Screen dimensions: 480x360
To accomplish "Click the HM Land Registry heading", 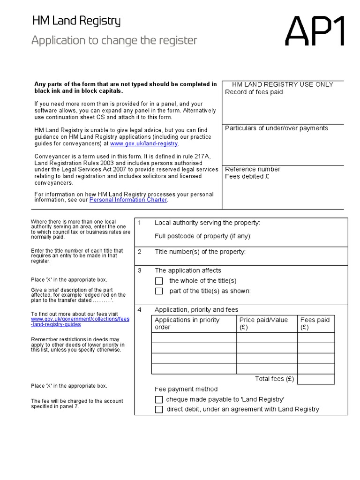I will click(x=76, y=21).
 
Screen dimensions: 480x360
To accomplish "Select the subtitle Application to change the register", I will click(x=114, y=41).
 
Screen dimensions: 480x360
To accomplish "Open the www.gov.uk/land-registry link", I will click(x=144, y=143).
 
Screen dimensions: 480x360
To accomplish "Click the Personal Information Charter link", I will click(x=128, y=200).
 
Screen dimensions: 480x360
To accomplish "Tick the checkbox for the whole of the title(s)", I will click(x=159, y=281).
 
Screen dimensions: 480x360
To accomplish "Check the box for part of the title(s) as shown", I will click(x=159, y=291).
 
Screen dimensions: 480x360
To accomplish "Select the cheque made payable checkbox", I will click(x=159, y=399).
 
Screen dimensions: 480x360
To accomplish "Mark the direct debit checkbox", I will click(x=159, y=409).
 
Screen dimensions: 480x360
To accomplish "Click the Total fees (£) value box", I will click(x=316, y=379).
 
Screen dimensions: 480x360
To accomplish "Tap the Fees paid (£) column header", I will click(x=315, y=323).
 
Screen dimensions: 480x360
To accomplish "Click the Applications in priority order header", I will click(x=187, y=323).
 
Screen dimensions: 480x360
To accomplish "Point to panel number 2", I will click(x=140, y=252).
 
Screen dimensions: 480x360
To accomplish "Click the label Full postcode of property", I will click(x=203, y=236).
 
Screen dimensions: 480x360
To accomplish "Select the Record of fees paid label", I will click(x=254, y=92).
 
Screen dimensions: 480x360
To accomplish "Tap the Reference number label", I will click(x=253, y=169).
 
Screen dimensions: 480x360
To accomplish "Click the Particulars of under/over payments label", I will click(x=277, y=128).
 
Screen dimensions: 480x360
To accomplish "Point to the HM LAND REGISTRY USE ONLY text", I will click(x=283, y=84).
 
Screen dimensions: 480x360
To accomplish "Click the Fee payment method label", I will click(x=186, y=389).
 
